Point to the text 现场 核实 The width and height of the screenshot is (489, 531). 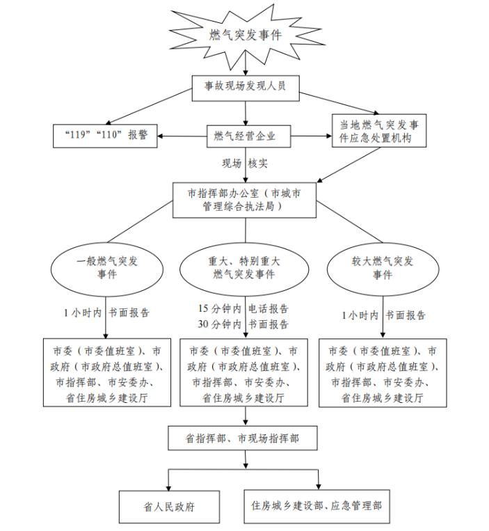[x=245, y=164]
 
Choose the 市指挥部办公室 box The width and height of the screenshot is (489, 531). [x=245, y=199]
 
